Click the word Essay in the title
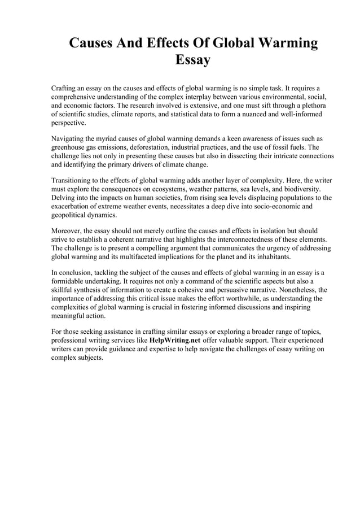[x=193, y=59]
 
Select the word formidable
[x=70, y=281]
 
